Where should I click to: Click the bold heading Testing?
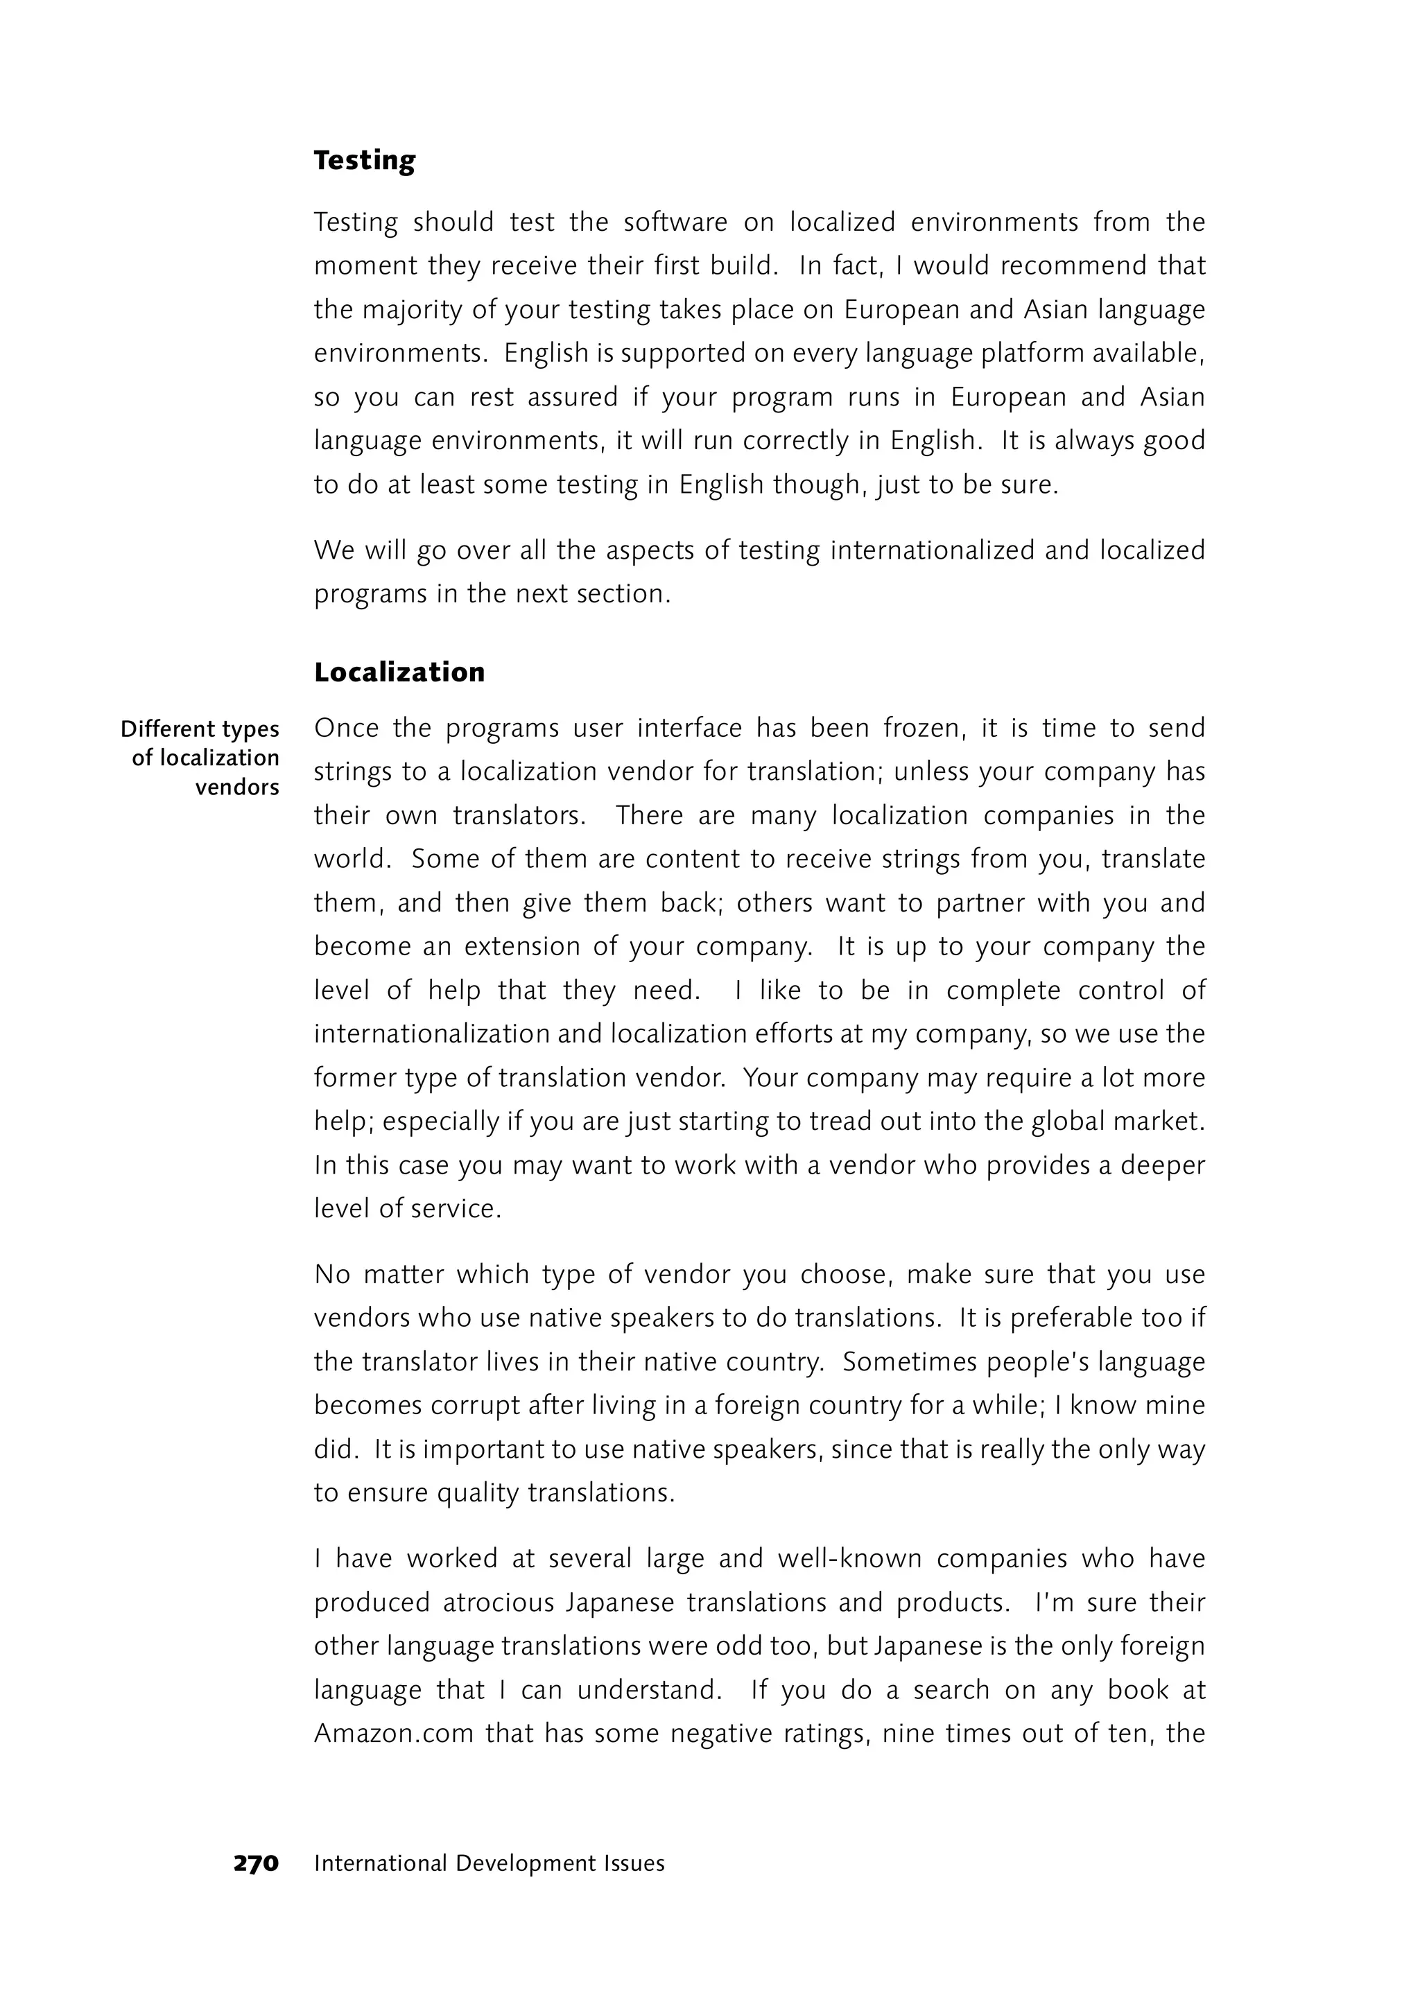(x=365, y=161)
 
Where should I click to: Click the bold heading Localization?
(x=399, y=672)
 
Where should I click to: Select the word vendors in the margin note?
(x=237, y=787)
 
